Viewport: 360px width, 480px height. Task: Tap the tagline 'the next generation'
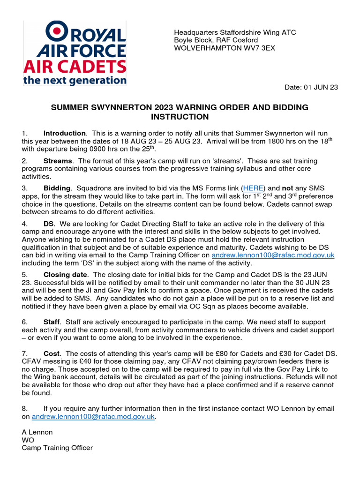click(75, 80)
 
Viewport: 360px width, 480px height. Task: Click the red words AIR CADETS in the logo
click(75, 66)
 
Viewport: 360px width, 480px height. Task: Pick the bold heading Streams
click(58, 161)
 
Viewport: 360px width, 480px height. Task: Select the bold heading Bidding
click(58, 188)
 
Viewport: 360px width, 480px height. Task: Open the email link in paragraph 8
click(93, 416)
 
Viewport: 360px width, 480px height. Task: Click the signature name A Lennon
click(37, 432)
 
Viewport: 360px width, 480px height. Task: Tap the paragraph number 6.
click(24, 322)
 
